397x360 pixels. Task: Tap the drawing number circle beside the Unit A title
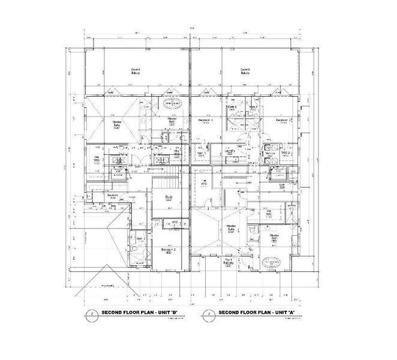tap(207, 313)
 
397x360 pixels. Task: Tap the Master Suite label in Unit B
tap(118, 124)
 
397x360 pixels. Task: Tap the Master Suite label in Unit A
tap(231, 229)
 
